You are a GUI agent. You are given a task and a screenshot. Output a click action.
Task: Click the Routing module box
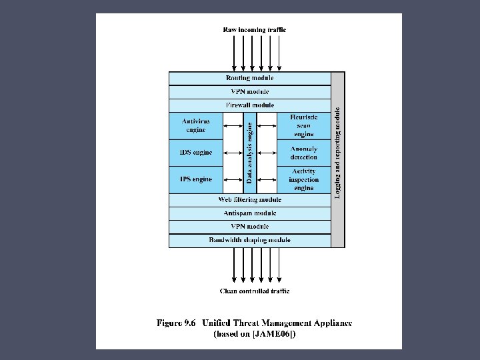coord(249,78)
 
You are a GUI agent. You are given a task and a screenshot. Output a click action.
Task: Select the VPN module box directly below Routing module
coord(249,92)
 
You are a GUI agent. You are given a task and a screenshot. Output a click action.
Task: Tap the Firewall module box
coord(249,105)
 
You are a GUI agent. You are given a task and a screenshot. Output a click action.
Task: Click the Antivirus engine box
coord(195,125)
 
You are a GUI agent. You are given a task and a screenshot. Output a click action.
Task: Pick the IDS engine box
coord(195,153)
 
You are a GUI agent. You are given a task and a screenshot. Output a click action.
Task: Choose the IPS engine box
coord(195,179)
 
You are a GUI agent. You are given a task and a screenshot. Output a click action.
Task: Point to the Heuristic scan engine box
coord(303,125)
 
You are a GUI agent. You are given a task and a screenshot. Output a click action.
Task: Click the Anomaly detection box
coord(303,153)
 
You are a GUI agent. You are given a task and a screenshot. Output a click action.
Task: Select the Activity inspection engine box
coord(303,179)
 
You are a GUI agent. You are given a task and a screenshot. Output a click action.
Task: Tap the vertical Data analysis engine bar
coord(249,153)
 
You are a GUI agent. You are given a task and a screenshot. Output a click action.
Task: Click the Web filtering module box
coord(249,199)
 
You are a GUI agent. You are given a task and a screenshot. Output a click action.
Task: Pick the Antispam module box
coord(249,213)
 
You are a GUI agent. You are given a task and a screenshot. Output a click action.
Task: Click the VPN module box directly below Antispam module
coord(249,227)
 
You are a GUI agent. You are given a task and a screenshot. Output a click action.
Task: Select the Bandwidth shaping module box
coord(249,240)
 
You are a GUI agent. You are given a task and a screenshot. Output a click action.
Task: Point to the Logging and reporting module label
coord(338,153)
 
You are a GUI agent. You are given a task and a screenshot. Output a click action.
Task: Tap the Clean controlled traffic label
coord(255,291)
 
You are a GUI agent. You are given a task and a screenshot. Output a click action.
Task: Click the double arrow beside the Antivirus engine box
coord(233,125)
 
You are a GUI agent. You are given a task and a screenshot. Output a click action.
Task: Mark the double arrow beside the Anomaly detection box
coord(267,153)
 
